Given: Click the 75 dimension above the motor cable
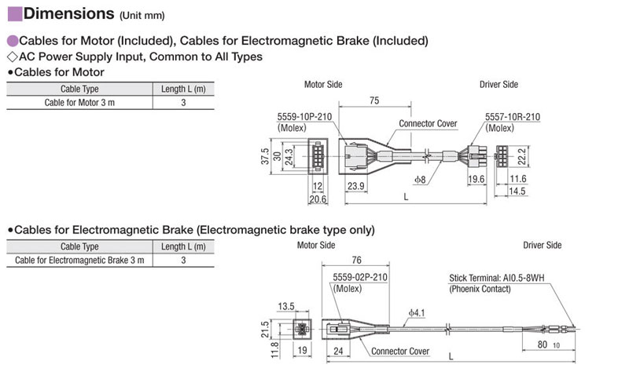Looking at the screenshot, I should tap(374, 100).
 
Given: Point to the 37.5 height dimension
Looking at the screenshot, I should tap(266, 157).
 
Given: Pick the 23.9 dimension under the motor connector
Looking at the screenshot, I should tap(356, 185).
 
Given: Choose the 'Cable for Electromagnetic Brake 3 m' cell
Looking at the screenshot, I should tap(79, 260).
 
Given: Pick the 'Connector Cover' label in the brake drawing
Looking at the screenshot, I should tap(400, 351).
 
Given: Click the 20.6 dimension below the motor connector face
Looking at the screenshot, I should tap(317, 199).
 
